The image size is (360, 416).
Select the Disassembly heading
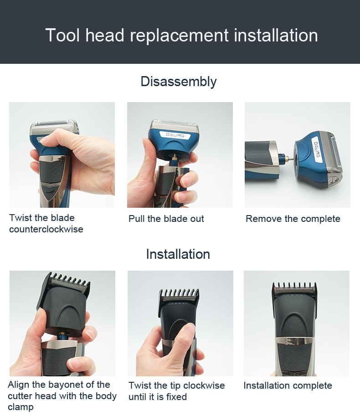point(178,82)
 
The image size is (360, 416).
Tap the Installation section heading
point(178,254)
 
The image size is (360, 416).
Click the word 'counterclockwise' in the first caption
point(46,229)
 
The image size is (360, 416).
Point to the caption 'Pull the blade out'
point(166,219)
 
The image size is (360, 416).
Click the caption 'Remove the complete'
point(293,219)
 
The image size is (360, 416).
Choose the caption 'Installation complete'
point(288,385)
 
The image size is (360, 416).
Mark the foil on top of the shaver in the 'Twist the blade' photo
point(54,124)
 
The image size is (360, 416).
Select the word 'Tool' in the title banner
point(62,36)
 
